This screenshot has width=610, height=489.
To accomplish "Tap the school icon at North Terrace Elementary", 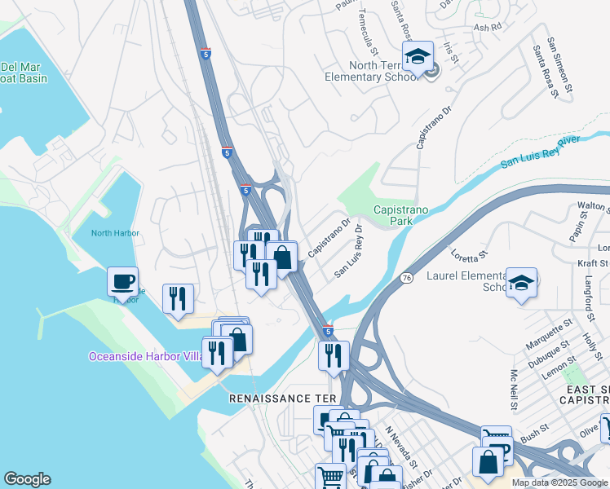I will pyautogui.click(x=418, y=56).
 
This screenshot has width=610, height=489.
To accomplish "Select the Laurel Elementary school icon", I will pyautogui.click(x=521, y=283).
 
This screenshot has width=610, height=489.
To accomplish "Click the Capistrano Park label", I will pyautogui.click(x=401, y=215).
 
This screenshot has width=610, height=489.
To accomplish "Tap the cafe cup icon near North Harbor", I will pyautogui.click(x=122, y=282).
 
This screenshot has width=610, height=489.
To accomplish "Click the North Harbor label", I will pyautogui.click(x=115, y=233).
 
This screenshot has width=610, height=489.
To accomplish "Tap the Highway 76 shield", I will pyautogui.click(x=405, y=278).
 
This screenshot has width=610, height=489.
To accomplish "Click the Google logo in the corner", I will pyautogui.click(x=27, y=479).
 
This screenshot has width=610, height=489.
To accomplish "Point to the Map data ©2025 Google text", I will pyautogui.click(x=559, y=482).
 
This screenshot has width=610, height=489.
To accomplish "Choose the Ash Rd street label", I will pyautogui.click(x=487, y=27).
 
